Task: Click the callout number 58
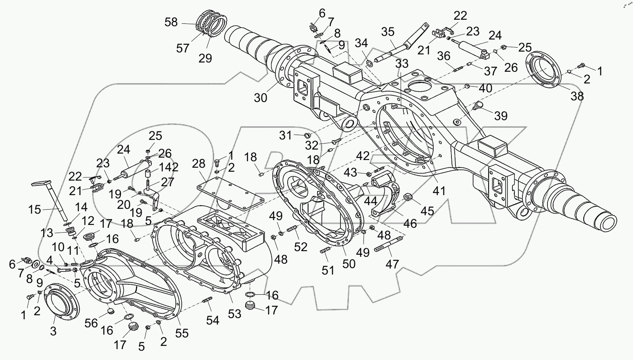(x=171, y=22)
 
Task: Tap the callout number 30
(x=261, y=98)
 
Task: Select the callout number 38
(x=577, y=96)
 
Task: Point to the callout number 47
(x=392, y=264)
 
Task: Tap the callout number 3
(x=53, y=331)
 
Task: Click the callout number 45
(x=427, y=211)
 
